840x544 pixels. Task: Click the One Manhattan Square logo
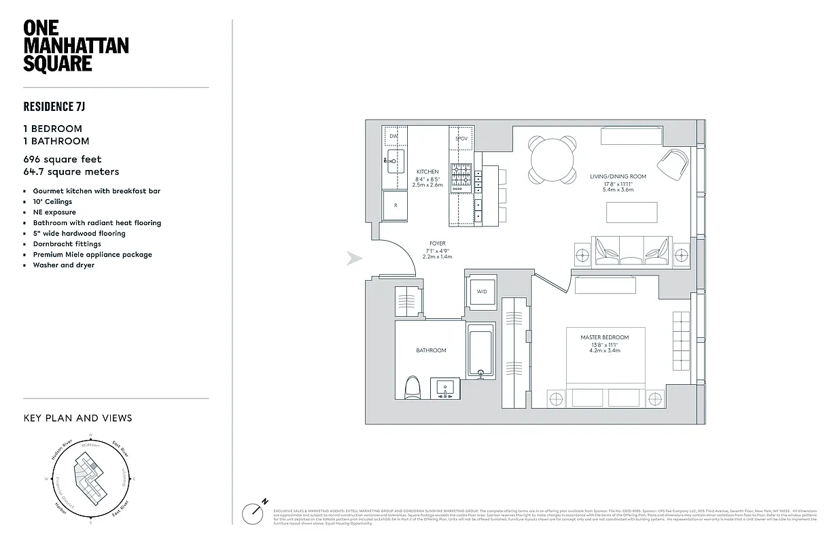(75, 46)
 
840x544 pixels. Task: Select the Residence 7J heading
(54, 107)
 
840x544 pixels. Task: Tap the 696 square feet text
(63, 159)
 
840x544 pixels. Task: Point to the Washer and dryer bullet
(64, 265)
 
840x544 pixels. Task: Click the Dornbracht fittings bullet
(67, 244)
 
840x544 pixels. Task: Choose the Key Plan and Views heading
(77, 418)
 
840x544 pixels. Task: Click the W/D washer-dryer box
(482, 292)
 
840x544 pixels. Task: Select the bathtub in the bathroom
(481, 351)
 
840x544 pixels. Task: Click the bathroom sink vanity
(447, 390)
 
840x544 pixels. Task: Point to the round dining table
(553, 160)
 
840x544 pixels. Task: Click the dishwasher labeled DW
(393, 137)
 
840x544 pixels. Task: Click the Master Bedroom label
(604, 337)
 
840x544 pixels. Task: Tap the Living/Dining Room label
(618, 177)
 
